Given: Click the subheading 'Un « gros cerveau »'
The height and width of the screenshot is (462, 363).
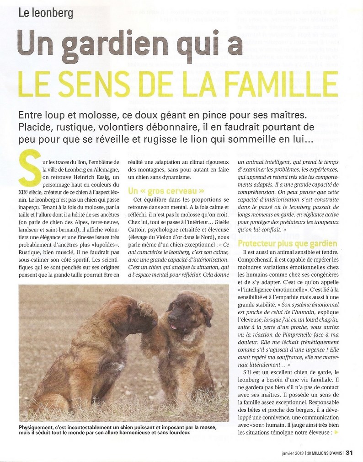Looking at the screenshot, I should pos(166,190).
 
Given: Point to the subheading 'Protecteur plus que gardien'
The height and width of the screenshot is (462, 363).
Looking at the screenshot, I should pos(288,243).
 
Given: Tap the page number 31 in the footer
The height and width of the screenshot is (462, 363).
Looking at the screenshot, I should pos(349,453).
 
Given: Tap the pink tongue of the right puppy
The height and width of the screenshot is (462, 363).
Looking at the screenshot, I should pos(174,327).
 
